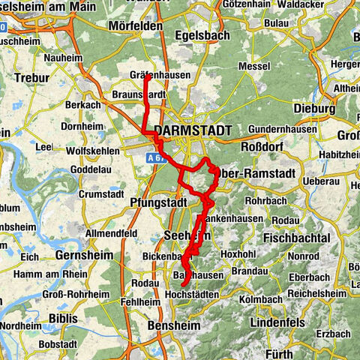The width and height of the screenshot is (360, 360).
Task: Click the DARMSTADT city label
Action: pos(193,130)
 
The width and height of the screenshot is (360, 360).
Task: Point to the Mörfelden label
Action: pos(136,25)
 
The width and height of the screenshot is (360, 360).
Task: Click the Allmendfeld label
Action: pos(111,234)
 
